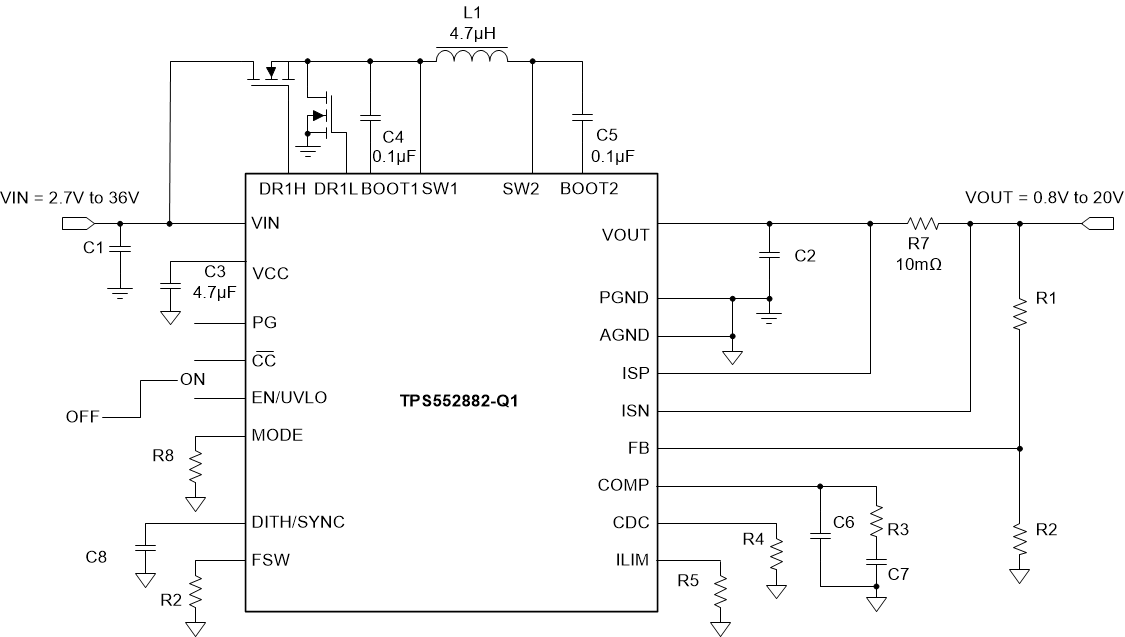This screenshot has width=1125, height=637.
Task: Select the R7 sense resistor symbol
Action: [921, 223]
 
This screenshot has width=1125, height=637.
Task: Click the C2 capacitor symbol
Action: [769, 256]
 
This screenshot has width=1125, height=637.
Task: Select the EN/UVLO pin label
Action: [290, 397]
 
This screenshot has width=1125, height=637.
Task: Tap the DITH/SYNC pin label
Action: [299, 522]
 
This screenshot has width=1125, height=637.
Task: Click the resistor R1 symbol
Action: [1019, 315]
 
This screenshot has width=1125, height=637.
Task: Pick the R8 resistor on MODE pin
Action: [197, 466]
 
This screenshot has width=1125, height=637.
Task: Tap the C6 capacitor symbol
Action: [820, 536]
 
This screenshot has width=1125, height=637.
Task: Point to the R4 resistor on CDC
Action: [776, 553]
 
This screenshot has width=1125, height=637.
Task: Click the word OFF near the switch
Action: [82, 416]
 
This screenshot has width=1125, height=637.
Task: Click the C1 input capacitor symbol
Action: [120, 249]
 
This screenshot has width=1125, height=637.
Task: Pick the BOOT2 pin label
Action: [588, 188]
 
